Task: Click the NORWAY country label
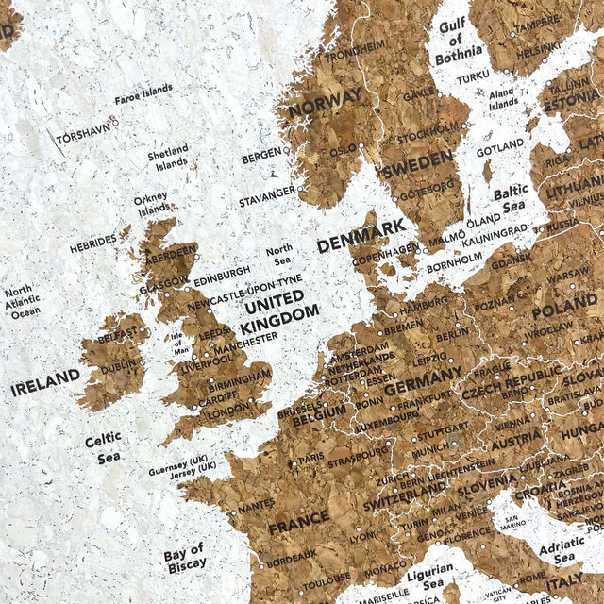pyautogui.click(x=325, y=102)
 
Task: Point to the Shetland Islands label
pyautogui.click(x=167, y=156)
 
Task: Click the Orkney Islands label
pyautogui.click(x=150, y=204)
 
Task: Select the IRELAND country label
pyautogui.click(x=45, y=381)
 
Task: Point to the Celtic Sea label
pyautogui.click(x=103, y=448)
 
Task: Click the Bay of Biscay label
pyautogui.click(x=184, y=557)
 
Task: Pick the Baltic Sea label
pyautogui.click(x=510, y=199)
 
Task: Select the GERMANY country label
pyautogui.click(x=416, y=388)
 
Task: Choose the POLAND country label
pyautogui.click(x=564, y=311)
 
